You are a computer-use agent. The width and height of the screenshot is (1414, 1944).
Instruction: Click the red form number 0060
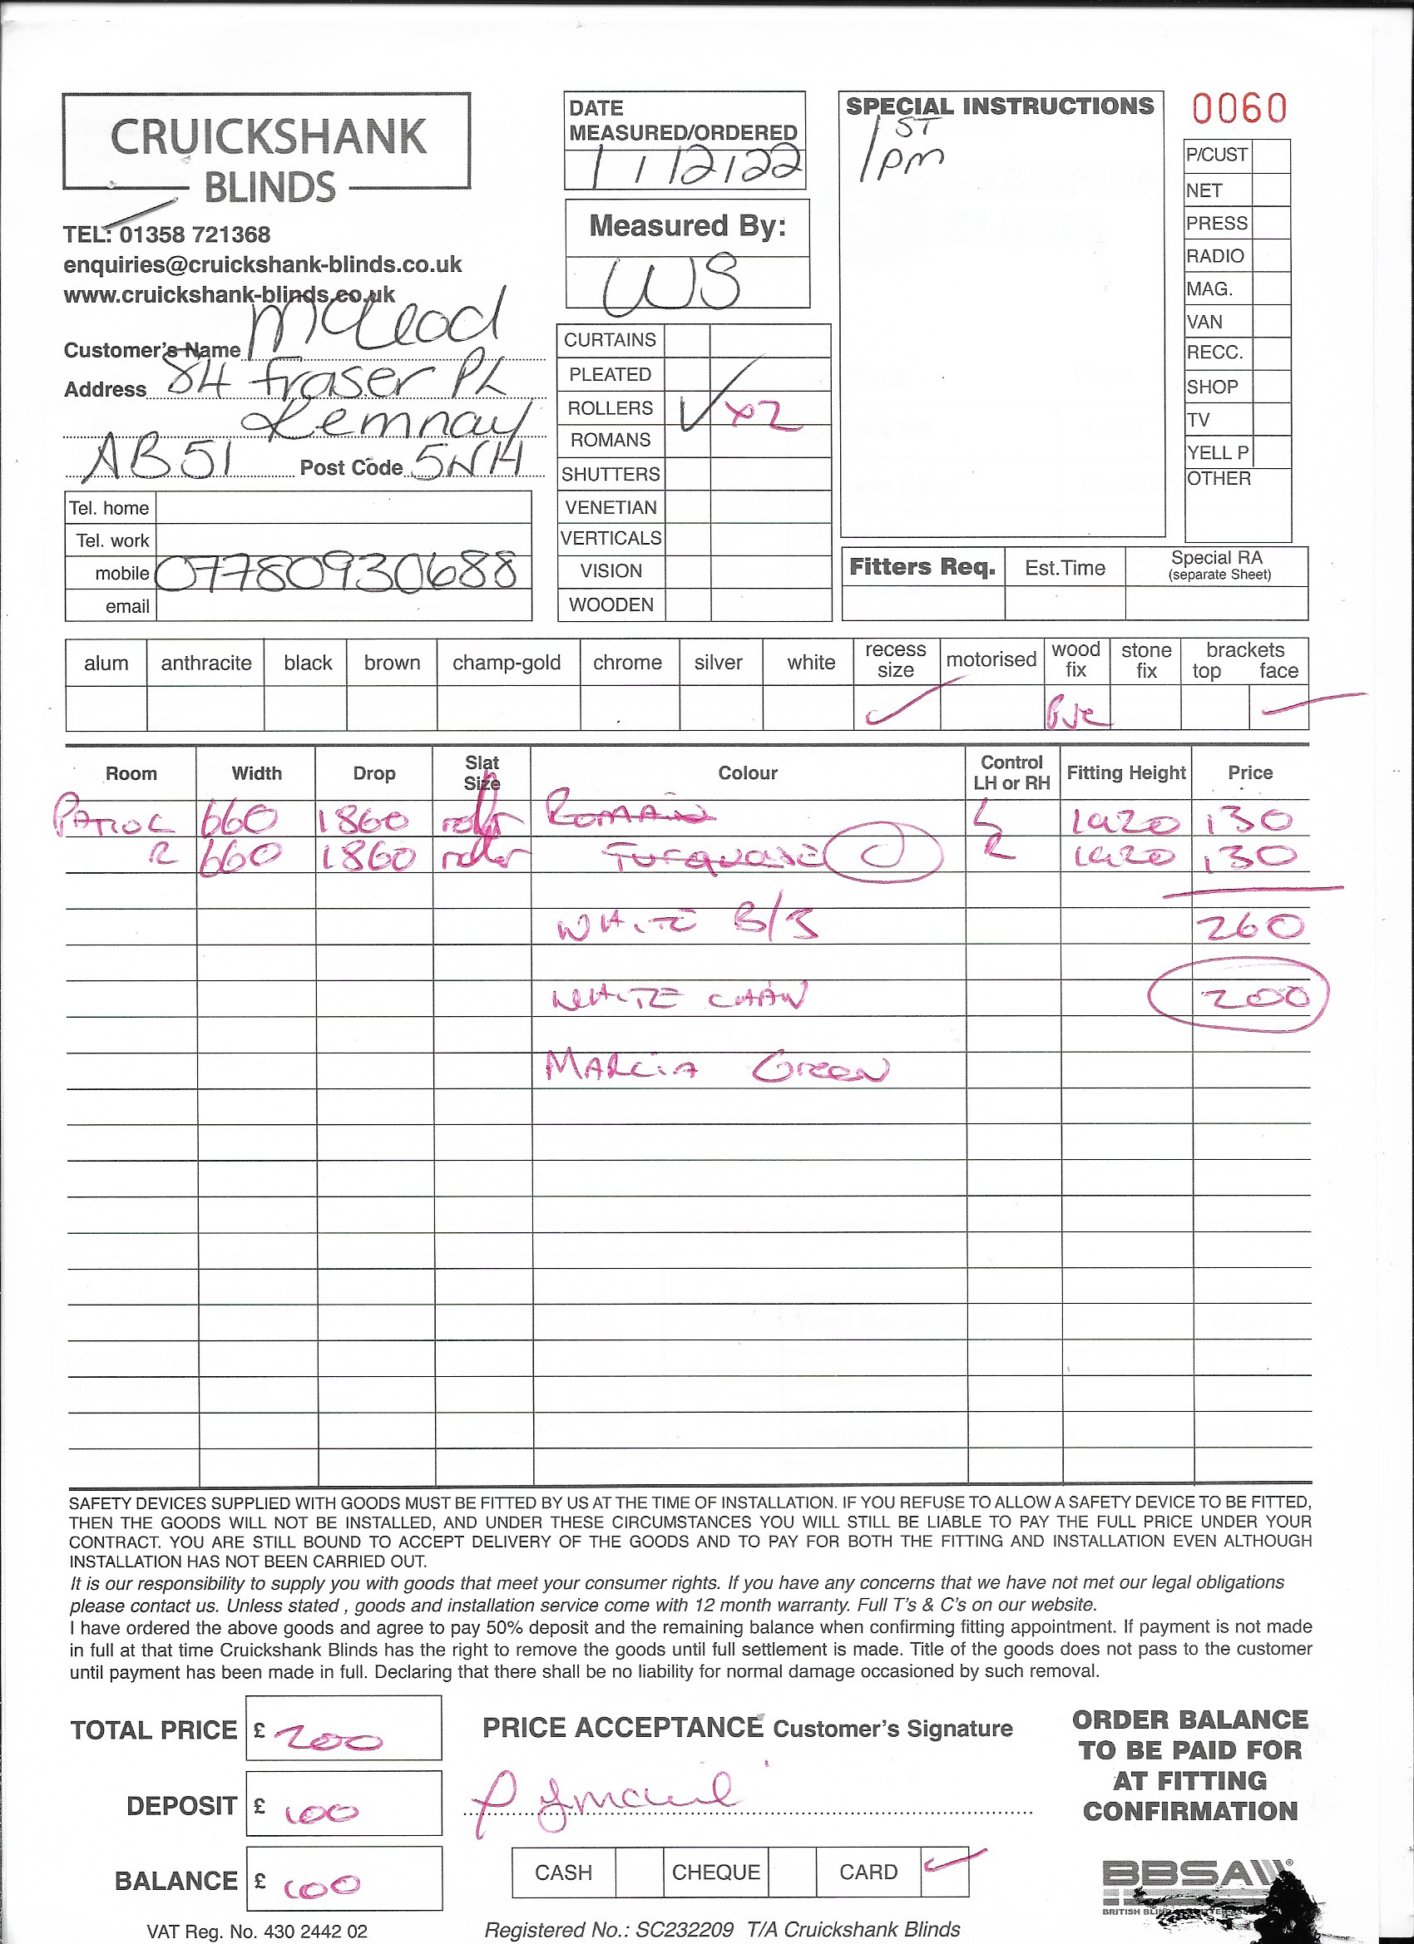[x=1239, y=109]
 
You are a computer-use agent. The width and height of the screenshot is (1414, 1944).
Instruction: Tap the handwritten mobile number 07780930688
[x=338, y=572]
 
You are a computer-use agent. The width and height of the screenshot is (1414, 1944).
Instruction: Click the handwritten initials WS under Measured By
[x=671, y=283]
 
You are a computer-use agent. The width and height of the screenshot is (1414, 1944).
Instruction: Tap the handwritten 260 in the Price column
[x=1249, y=925]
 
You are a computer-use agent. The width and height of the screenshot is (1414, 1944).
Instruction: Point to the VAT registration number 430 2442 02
[x=256, y=1932]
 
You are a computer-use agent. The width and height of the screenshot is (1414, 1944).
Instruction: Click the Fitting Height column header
[x=1125, y=773]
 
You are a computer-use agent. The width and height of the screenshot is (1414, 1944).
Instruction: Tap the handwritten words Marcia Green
[x=716, y=1068]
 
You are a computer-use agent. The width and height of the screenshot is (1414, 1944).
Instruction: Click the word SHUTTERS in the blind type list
[x=611, y=474]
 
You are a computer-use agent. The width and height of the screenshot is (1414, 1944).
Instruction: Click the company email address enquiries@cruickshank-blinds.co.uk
[x=262, y=265]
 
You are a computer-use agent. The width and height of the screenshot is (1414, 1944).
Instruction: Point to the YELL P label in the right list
[x=1217, y=452]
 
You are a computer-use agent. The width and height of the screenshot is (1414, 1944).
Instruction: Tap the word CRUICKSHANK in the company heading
[x=268, y=137]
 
